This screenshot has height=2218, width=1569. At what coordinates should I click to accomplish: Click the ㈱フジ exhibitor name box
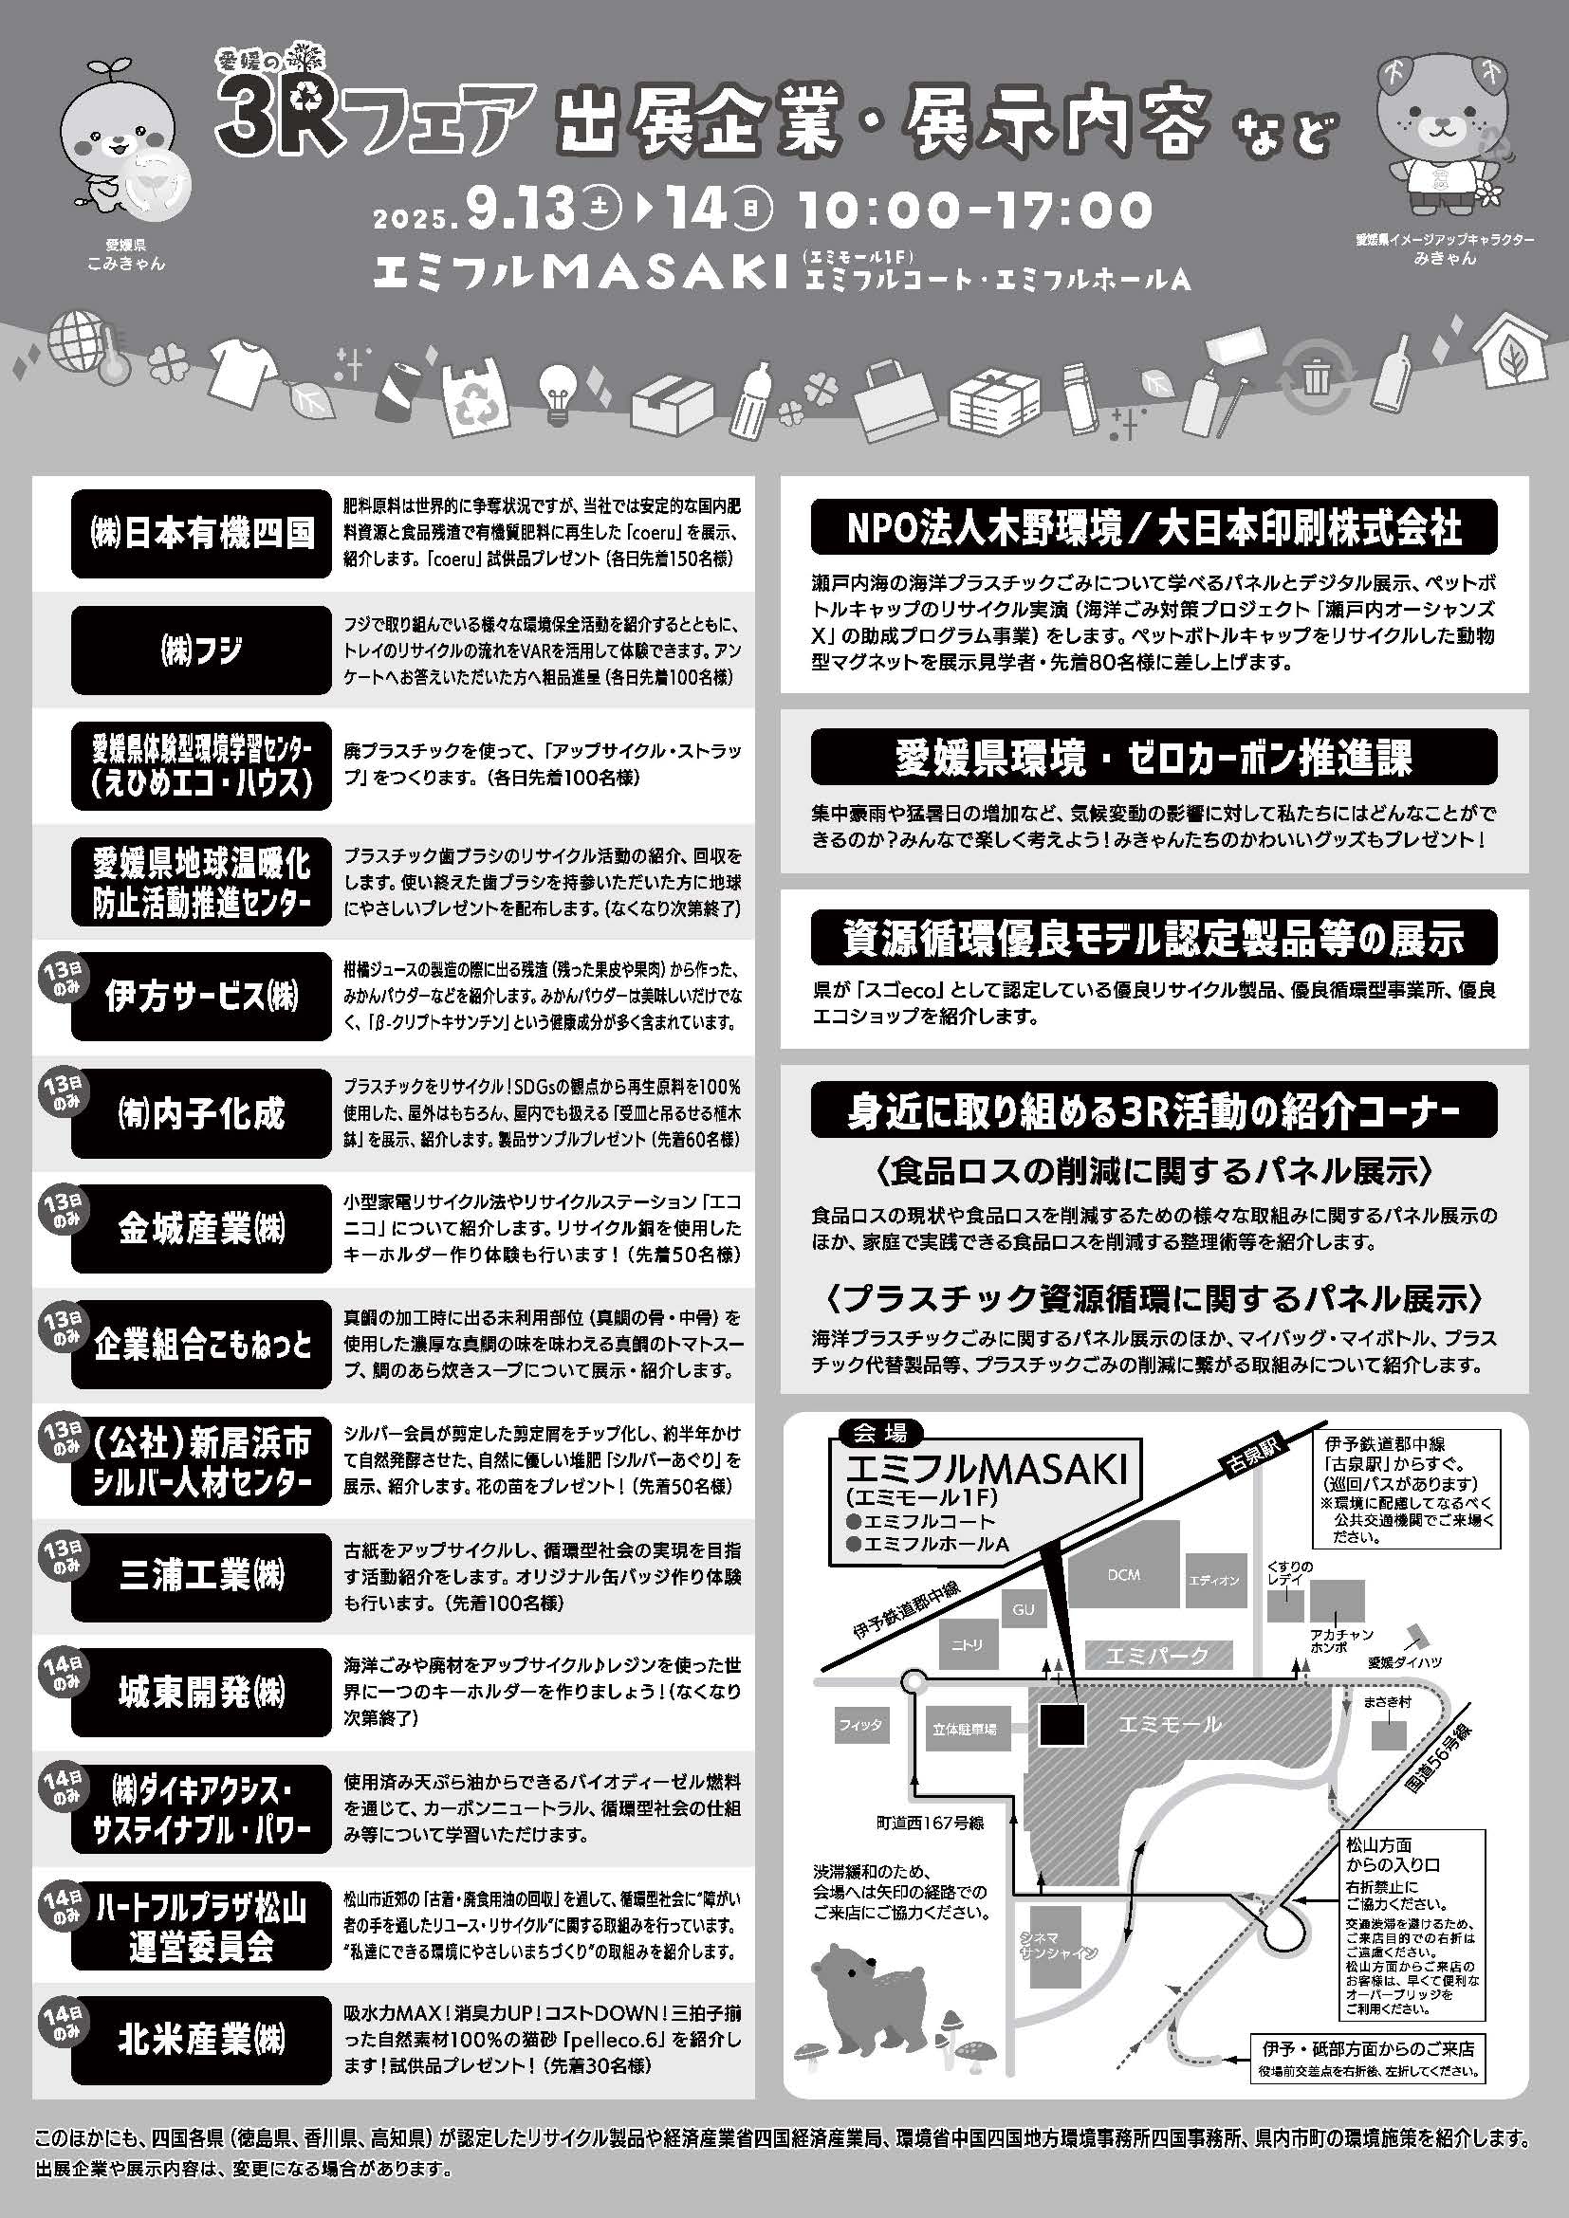pos(201,651)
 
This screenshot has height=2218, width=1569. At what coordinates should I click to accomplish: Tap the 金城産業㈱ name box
pos(201,1229)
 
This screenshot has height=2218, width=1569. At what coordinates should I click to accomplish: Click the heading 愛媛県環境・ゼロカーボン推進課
pos(1154,757)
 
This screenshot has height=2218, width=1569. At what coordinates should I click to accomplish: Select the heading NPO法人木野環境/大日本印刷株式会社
pos(1154,526)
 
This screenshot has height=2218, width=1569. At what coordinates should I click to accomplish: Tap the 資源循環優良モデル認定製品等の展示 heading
pos(1154,937)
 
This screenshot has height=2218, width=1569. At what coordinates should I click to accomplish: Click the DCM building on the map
pos(1123,1576)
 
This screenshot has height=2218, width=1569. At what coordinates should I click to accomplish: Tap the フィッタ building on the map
pos(858,1725)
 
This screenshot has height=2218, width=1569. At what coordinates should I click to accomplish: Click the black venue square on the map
pos(1061,1725)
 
